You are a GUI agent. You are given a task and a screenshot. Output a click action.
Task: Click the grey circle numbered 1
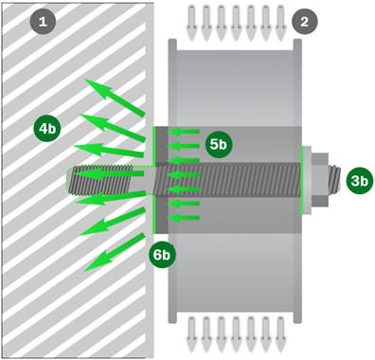(43, 22)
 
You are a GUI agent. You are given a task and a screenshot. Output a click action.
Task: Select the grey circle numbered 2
(304, 22)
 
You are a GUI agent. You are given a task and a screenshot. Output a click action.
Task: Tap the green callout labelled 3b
(360, 181)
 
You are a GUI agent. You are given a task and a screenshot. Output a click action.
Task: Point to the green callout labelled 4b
(47, 129)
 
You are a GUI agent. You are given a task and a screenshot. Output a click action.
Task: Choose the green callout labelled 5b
(219, 145)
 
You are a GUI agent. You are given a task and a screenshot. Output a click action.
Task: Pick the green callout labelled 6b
(162, 255)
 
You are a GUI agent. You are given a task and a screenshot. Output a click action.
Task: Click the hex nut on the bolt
(320, 180)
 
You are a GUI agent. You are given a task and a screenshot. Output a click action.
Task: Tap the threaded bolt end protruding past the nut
(334, 179)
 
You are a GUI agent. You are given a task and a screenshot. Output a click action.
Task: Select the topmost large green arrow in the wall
(115, 98)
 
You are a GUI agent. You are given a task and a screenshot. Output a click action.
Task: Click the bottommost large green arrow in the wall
(115, 253)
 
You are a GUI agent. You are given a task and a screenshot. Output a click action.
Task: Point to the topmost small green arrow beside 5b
(183, 132)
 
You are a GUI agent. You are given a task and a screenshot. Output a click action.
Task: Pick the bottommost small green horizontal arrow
(183, 218)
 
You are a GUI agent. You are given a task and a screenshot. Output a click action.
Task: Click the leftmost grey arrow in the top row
(191, 24)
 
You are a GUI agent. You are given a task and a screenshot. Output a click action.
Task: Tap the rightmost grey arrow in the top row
(280, 24)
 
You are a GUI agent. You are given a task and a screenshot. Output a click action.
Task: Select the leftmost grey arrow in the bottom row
(191, 335)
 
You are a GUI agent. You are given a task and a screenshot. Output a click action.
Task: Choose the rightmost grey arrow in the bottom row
(280, 335)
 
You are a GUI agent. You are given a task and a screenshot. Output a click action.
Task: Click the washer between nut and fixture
(307, 180)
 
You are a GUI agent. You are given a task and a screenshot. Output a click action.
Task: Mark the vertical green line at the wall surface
(153, 180)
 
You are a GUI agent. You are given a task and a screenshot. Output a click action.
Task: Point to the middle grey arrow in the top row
(236, 24)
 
